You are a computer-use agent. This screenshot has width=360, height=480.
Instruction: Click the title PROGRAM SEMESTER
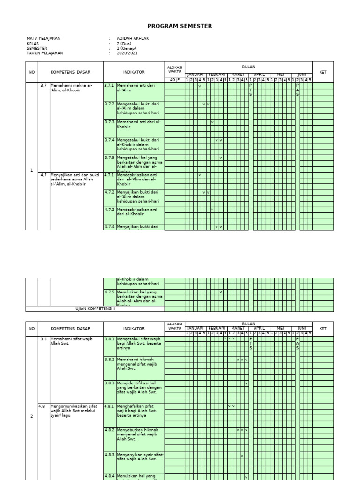180,26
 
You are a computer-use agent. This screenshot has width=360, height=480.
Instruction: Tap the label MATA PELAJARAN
44,38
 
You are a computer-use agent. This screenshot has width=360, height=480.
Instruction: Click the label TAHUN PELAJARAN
45,53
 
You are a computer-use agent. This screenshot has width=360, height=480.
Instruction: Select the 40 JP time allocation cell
174,80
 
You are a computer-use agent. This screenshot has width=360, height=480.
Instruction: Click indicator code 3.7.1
109,85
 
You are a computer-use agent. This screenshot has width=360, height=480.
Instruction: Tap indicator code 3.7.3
109,122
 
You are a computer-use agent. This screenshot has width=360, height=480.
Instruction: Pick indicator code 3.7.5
109,157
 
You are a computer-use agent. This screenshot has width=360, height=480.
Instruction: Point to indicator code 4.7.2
109,192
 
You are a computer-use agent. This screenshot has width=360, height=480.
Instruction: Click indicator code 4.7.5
109,292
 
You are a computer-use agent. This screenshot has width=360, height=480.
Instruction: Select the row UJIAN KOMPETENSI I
95,309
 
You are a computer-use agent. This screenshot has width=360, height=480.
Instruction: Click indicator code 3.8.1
109,338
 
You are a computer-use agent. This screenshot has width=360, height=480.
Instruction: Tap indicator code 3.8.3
109,383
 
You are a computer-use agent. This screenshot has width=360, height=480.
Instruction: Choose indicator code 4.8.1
109,406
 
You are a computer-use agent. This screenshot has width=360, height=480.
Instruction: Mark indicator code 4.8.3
109,455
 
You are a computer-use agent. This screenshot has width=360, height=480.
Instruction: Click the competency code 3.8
44,338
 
